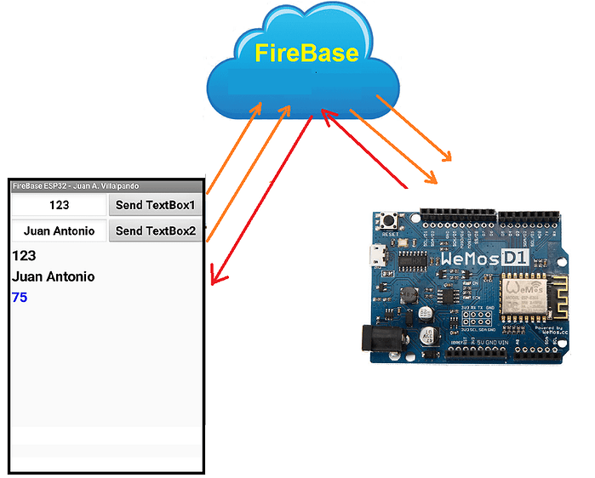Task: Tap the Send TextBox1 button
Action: click(x=155, y=206)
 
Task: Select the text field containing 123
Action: click(x=59, y=206)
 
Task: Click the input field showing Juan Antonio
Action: click(x=59, y=231)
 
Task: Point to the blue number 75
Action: click(x=20, y=297)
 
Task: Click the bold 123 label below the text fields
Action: click(x=24, y=255)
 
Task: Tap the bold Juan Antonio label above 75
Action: click(x=54, y=276)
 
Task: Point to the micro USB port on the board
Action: click(x=380, y=254)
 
